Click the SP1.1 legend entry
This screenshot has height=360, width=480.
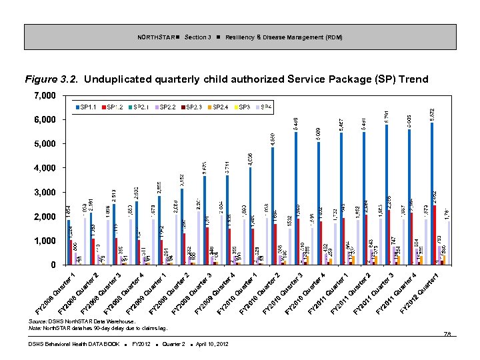point(86,107)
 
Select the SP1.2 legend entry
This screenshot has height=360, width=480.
point(113,107)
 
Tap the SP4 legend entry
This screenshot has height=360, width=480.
point(264,107)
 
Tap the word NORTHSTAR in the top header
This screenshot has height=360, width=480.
point(157,37)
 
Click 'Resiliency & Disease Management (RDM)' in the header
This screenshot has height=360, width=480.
point(283,37)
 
